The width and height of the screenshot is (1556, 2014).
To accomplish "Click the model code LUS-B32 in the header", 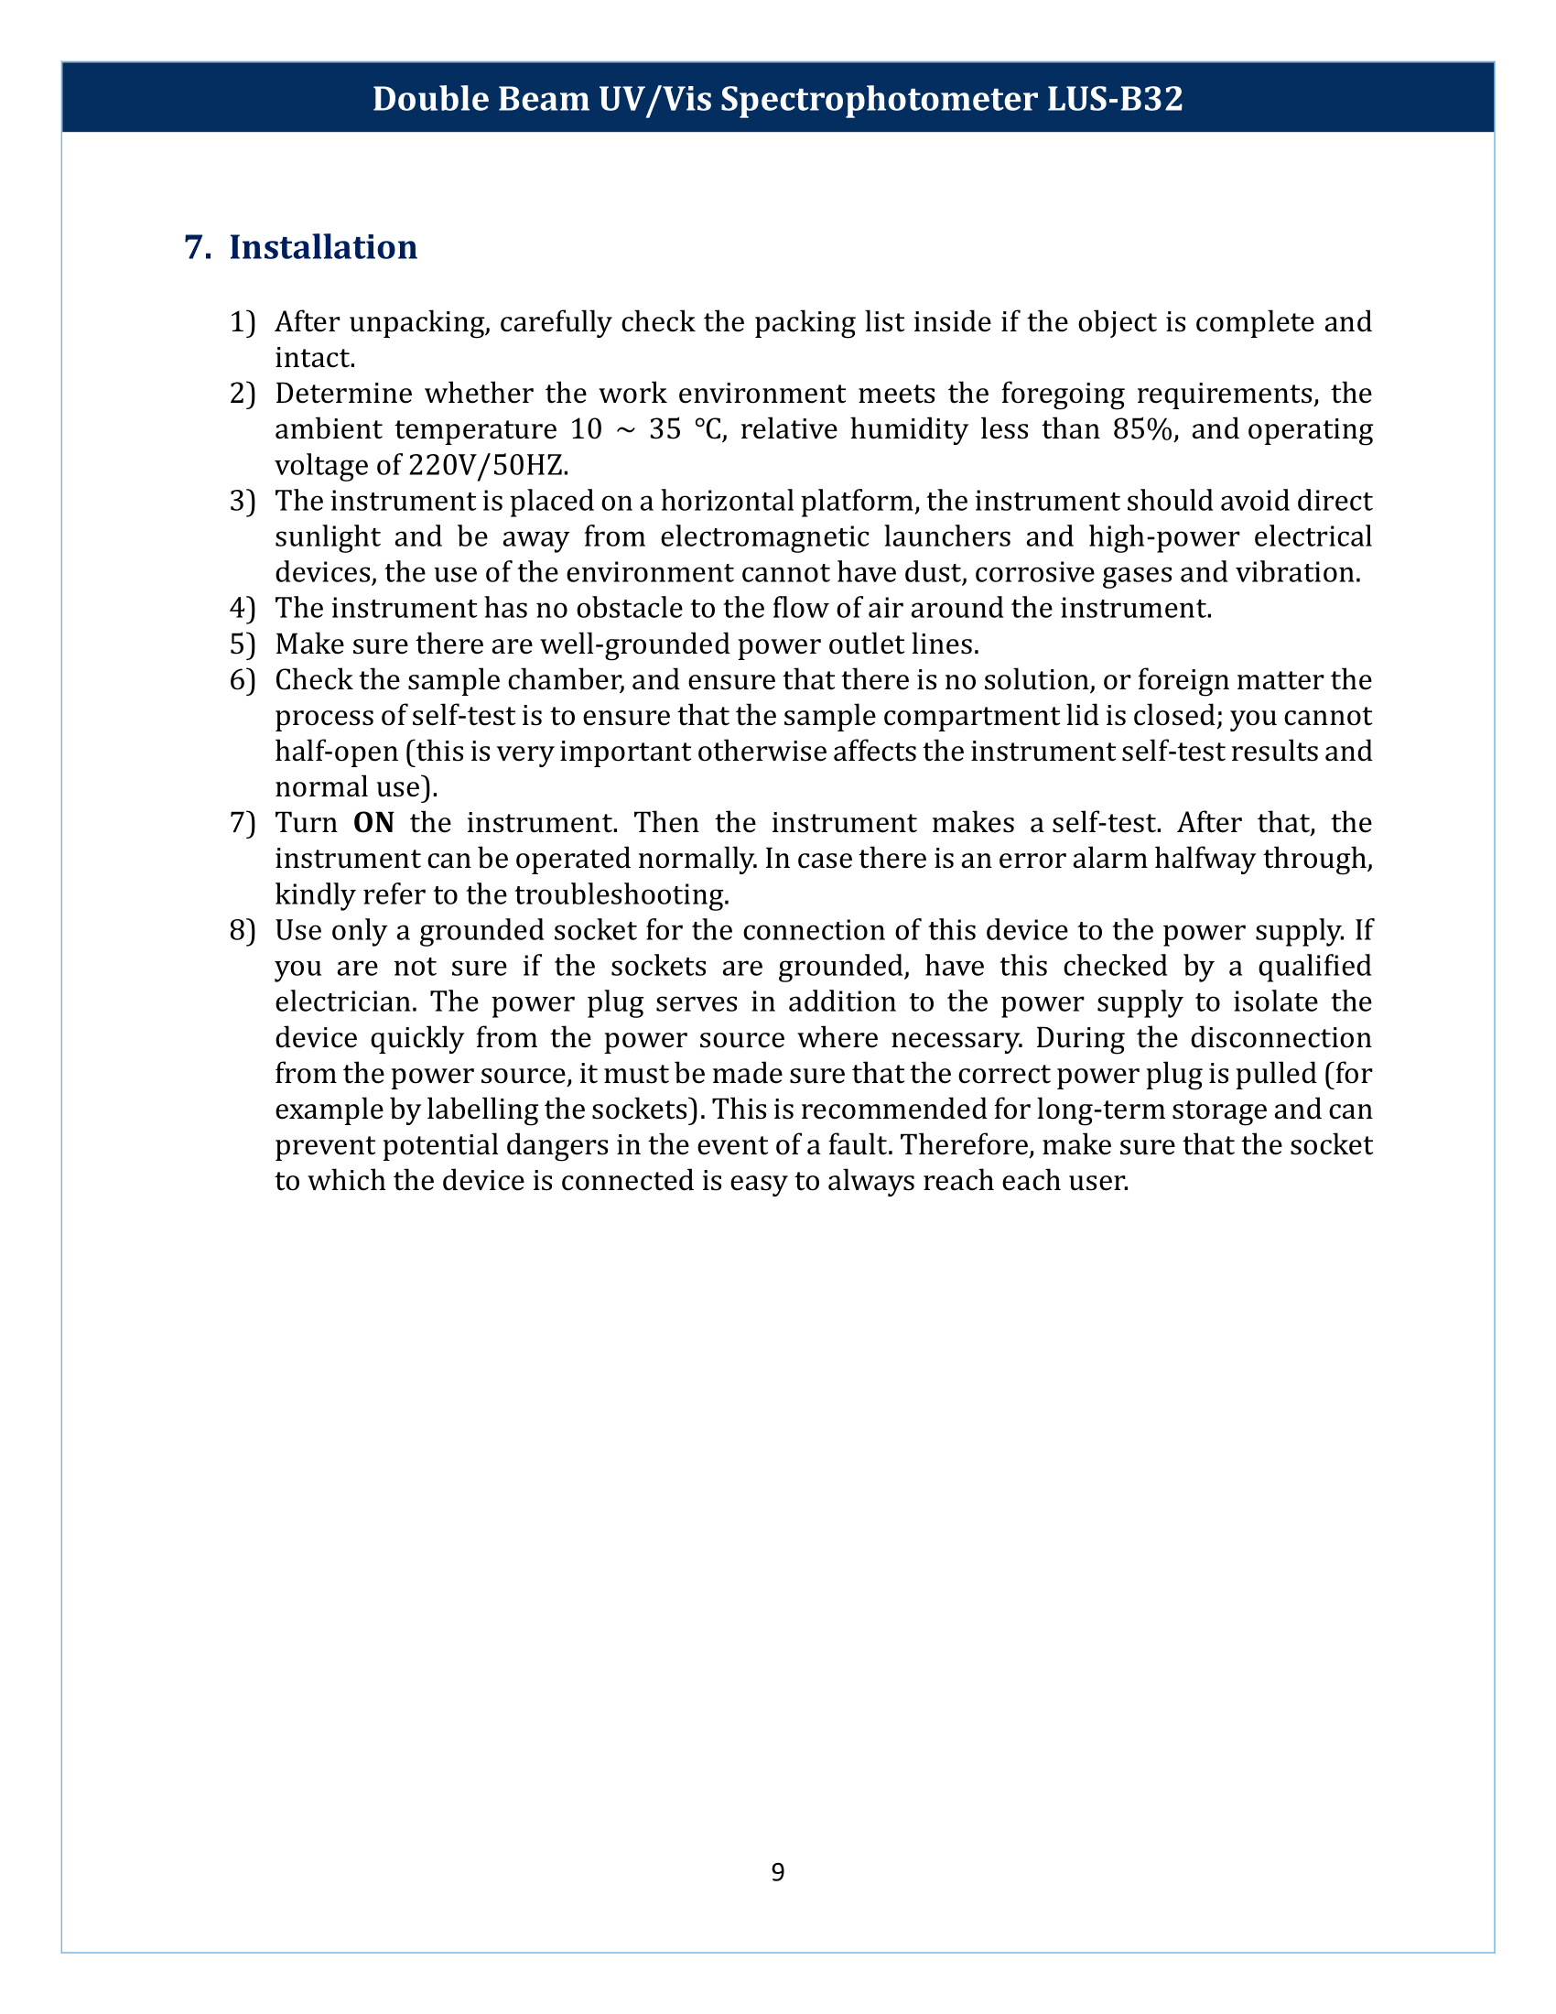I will (x=1115, y=99).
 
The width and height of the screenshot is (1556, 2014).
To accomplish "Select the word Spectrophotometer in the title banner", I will (x=879, y=99).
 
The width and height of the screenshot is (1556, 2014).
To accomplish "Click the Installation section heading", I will (x=322, y=247).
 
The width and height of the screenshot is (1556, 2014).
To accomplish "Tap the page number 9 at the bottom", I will (x=777, y=1872).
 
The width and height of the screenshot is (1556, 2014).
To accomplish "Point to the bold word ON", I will (x=373, y=823).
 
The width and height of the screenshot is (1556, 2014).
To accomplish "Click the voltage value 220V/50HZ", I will (x=484, y=465).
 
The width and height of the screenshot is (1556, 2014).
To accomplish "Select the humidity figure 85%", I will (x=1144, y=429).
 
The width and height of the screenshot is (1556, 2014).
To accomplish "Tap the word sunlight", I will (x=328, y=536).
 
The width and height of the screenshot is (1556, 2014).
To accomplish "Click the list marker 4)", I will (x=242, y=609).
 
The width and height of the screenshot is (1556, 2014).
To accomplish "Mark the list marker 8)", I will (x=242, y=930).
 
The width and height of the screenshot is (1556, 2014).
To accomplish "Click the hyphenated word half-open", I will (x=336, y=752).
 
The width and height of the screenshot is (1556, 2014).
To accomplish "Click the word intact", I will (x=314, y=358).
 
